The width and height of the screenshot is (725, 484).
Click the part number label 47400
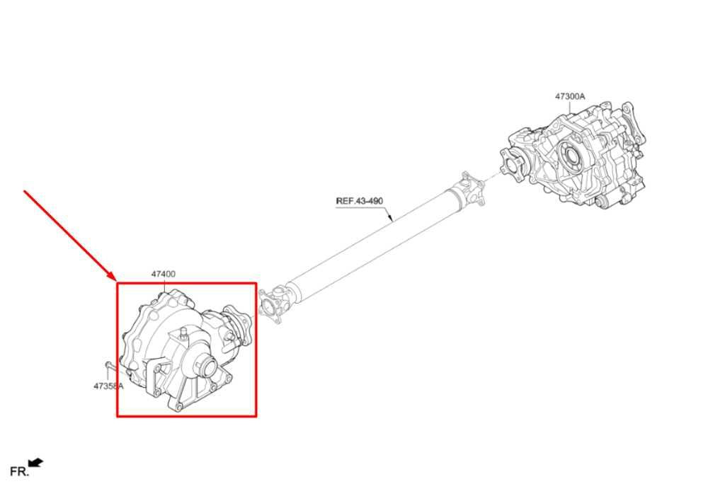coord(164,274)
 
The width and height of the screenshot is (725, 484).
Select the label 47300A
coord(570,97)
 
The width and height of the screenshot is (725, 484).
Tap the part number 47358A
coord(108,386)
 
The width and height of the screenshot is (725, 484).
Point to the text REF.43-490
coord(359,202)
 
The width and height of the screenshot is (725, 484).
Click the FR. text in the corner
coord(19,471)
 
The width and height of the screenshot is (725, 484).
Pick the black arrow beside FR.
coord(36,462)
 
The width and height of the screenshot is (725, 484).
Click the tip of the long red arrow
coord(115,280)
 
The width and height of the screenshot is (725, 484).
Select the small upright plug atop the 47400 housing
coord(183,334)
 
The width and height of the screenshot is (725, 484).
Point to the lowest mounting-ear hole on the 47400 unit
coord(179,407)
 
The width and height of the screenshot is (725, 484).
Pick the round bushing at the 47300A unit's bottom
coord(602,201)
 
